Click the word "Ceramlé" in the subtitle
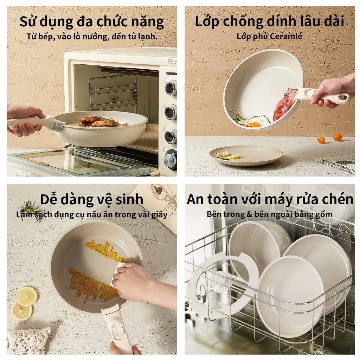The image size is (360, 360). click(286, 36)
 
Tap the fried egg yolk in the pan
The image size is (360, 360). click(253, 124)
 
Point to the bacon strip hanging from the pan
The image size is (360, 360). click(284, 104)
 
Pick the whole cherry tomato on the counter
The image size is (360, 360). click(337, 137)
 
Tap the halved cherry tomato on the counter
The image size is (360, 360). click(321, 140)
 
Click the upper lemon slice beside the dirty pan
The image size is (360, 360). click(27, 296)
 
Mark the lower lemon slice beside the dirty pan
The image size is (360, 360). click(21, 311)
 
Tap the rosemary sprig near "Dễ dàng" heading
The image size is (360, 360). click(32, 211)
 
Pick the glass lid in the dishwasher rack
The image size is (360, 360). click(223, 285)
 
